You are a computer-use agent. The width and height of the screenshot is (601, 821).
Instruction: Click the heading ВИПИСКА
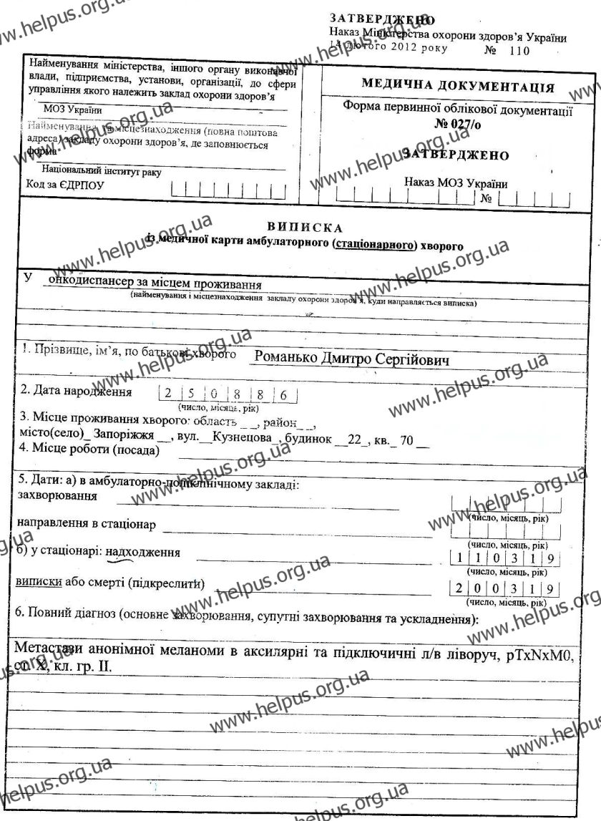(298, 227)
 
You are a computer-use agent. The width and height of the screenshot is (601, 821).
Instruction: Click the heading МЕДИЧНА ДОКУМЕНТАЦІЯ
(458, 87)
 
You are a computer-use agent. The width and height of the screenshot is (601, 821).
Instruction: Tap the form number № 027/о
(457, 123)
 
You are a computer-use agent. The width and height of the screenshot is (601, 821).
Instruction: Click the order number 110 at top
(519, 52)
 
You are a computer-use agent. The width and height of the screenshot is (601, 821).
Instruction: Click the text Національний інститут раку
(102, 172)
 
